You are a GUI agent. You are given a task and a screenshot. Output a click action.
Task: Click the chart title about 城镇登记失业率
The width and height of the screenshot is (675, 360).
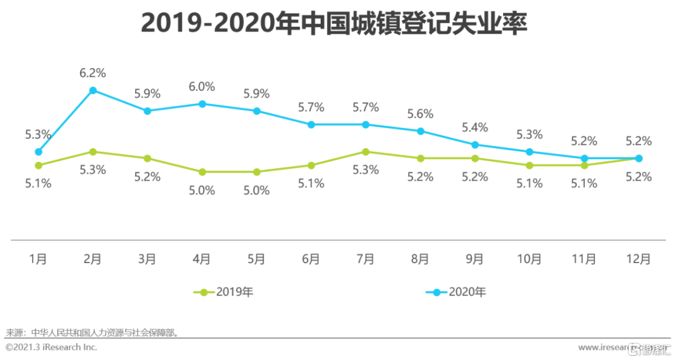tap(334, 24)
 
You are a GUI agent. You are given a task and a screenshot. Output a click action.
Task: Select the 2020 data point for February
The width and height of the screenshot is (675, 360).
tap(92, 90)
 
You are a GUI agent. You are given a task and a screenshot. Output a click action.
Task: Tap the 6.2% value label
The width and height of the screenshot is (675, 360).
tap(92, 73)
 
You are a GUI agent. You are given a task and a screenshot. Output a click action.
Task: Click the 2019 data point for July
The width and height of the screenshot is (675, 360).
tap(366, 151)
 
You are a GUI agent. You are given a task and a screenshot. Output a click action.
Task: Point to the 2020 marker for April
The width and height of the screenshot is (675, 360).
tap(202, 104)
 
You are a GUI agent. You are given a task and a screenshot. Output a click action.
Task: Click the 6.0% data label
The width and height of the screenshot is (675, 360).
tap(202, 87)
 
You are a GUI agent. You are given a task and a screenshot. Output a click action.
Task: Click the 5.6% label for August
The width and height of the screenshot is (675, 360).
tap(420, 114)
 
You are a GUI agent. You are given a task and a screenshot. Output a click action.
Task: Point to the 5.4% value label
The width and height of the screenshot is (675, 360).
tap(474, 127)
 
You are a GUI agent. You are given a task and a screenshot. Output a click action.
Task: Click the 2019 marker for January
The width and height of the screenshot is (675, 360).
tap(38, 165)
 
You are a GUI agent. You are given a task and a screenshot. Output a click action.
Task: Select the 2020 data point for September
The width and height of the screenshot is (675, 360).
tap(475, 144)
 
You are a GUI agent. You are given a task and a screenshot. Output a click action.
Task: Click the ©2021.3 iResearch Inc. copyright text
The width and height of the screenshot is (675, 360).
tap(51, 347)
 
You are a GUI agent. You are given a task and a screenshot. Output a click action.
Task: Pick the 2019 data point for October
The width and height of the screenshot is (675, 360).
tap(529, 165)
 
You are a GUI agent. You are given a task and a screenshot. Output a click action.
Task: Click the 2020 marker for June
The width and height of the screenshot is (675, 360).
tap(311, 124)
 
